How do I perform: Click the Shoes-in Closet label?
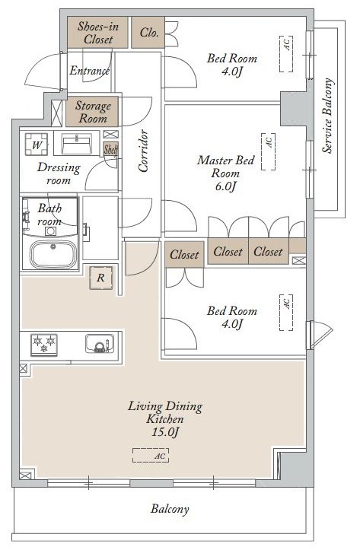coord(98,33)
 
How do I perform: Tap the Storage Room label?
coord(93,112)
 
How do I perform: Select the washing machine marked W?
coord(37,145)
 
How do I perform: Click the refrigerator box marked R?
coord(101,278)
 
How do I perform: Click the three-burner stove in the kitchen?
coord(44,345)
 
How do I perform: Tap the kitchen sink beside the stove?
coord(100,343)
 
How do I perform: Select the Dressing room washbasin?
coord(76,144)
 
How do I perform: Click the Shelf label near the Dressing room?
coord(110,150)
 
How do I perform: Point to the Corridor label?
coord(143,151)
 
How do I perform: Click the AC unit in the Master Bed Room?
coord(269,151)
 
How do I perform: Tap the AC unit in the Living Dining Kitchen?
coord(151,456)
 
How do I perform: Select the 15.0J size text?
coord(165,432)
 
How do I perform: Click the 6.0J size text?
coord(225,186)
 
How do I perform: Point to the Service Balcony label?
coord(327,116)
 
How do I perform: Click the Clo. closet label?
coord(149,33)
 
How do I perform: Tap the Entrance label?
coord(90,71)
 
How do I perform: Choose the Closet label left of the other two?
coord(184,255)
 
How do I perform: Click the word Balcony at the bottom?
coord(170,509)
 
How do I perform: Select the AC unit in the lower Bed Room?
coord(286,313)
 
